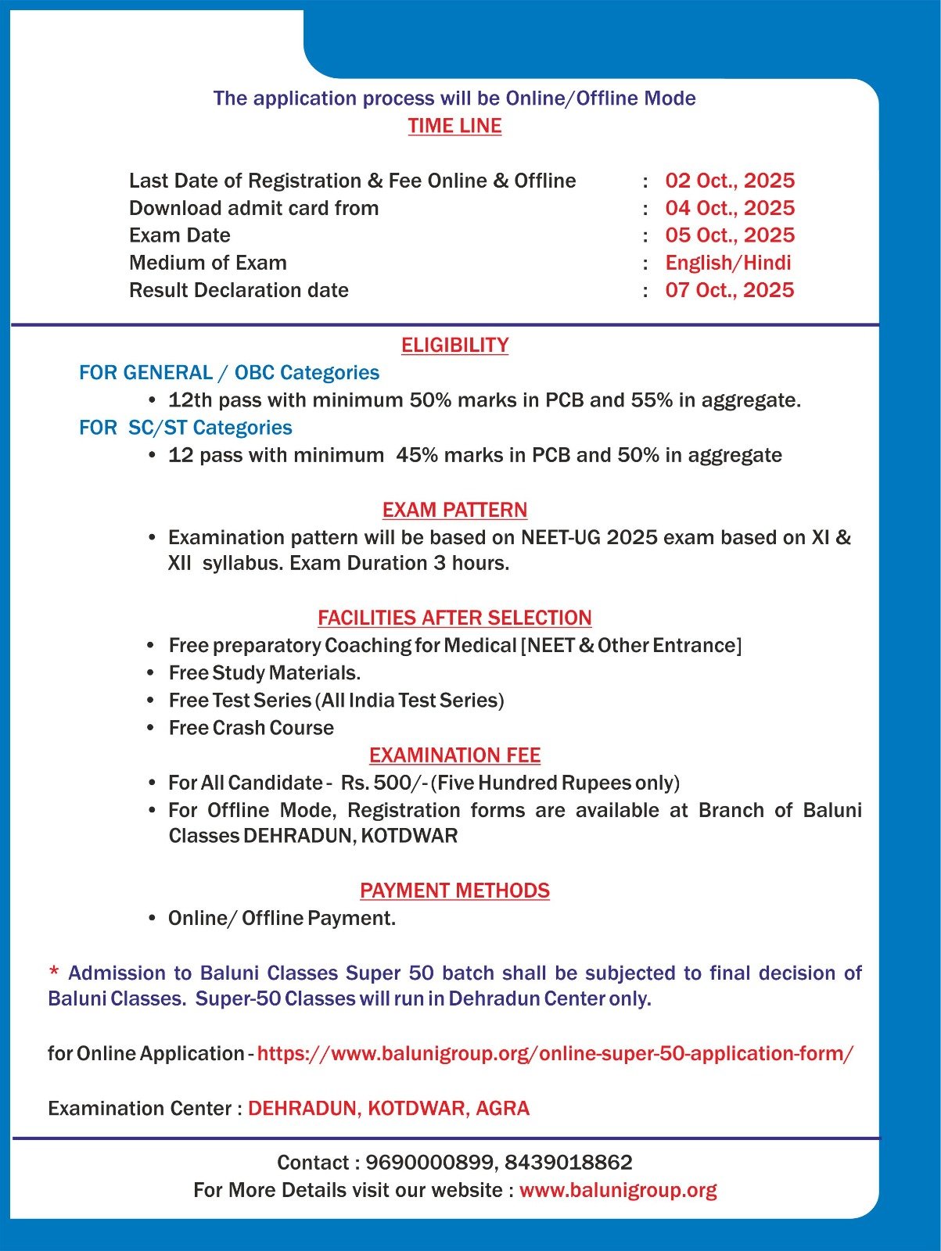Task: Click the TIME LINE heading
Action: coord(454,126)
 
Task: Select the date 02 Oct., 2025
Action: coord(729,181)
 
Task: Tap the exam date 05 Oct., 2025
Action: coord(729,235)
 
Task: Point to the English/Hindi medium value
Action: coord(727,263)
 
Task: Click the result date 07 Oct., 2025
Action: coord(729,290)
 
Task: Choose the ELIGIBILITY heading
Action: coord(454,345)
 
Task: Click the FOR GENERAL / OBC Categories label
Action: coord(229,373)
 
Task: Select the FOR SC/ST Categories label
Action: coord(185,428)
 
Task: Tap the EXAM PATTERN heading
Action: coord(454,510)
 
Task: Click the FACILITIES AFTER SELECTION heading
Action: coord(454,618)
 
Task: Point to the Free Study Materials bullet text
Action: coord(264,672)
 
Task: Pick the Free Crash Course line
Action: coord(251,728)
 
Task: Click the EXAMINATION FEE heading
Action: coord(454,755)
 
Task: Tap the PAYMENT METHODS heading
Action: coord(454,891)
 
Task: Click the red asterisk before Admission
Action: coord(54,973)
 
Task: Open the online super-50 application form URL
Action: coord(555,1053)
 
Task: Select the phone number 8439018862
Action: coord(568,1163)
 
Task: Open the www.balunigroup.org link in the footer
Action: coord(618,1190)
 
